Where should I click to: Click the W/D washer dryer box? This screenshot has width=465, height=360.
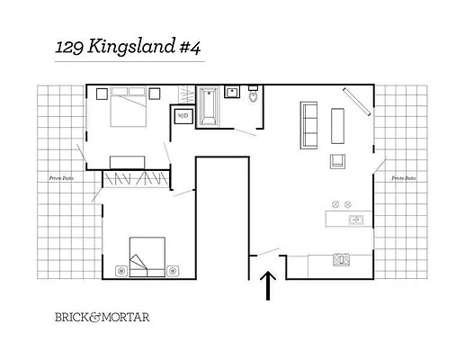click(x=183, y=116)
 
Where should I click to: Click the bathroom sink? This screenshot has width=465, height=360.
click(x=231, y=91)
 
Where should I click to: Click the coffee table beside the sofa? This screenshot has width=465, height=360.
click(x=338, y=124)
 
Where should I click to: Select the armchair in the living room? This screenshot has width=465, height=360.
click(x=339, y=161)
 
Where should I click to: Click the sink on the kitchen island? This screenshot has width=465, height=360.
click(x=354, y=219)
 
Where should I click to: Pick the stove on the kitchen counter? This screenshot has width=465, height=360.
click(x=342, y=260)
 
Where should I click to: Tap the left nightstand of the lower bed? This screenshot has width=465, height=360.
click(x=123, y=268)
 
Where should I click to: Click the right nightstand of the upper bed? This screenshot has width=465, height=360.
click(x=154, y=92)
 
